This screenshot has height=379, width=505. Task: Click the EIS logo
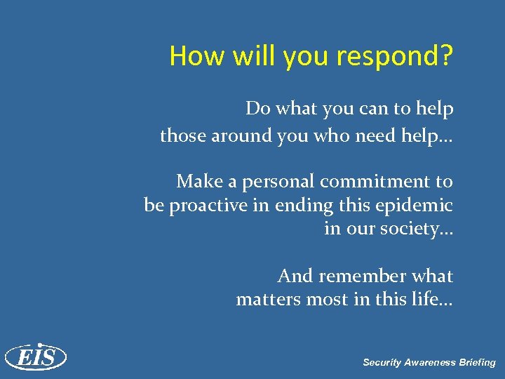35,357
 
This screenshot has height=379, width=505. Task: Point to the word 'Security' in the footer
383,363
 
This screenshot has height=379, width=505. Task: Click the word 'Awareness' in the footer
431,363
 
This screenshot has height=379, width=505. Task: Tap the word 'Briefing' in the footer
478,363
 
